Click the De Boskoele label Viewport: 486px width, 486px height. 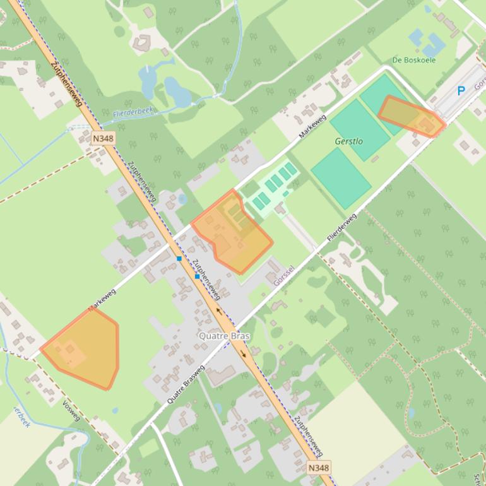pos(413,60)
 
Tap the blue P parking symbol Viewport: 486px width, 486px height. pos(461,91)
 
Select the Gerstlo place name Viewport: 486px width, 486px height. pos(348,141)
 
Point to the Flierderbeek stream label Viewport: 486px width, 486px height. pos(133,112)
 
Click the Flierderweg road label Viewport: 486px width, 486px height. pos(341,228)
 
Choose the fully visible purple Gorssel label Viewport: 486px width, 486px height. pos(284,276)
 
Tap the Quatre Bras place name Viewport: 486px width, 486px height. pos(224,336)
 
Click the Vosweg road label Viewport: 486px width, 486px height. pos(71,412)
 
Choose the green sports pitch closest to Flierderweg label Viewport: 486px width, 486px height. pos(340,179)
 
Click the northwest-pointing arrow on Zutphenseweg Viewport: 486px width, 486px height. pos(219,311)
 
